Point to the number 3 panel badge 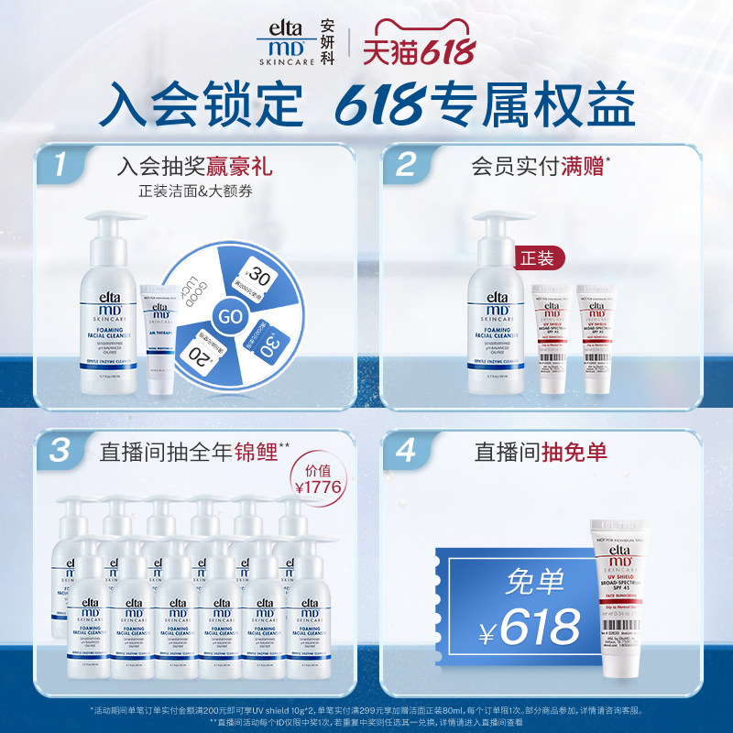60,450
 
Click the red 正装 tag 538,259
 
